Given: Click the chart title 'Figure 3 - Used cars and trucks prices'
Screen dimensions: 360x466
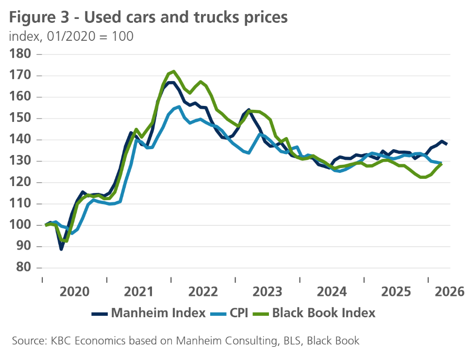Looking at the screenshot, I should click(x=149, y=18).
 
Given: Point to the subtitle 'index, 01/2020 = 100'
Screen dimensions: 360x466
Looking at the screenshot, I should click(x=71, y=36).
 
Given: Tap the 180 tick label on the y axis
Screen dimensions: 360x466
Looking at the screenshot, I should click(x=20, y=54).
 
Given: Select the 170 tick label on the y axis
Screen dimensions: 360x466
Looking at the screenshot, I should click(x=20, y=76).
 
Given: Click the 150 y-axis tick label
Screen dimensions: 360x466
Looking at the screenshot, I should click(x=20, y=119).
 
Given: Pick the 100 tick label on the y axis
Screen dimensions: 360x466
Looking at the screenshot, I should click(x=20, y=225).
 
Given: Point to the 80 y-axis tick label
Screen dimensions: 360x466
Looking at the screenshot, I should click(x=22, y=268).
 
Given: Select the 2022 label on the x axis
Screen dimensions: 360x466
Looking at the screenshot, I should click(x=203, y=292).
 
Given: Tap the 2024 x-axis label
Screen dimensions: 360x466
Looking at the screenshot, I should click(x=332, y=292).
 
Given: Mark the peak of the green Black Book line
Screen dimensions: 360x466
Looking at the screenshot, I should click(x=174, y=71).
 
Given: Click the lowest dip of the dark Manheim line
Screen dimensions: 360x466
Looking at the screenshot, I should click(x=61, y=249).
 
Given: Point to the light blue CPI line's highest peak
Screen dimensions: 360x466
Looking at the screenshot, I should click(x=180, y=106).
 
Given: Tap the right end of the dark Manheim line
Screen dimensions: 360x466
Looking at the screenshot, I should click(x=447, y=144).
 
